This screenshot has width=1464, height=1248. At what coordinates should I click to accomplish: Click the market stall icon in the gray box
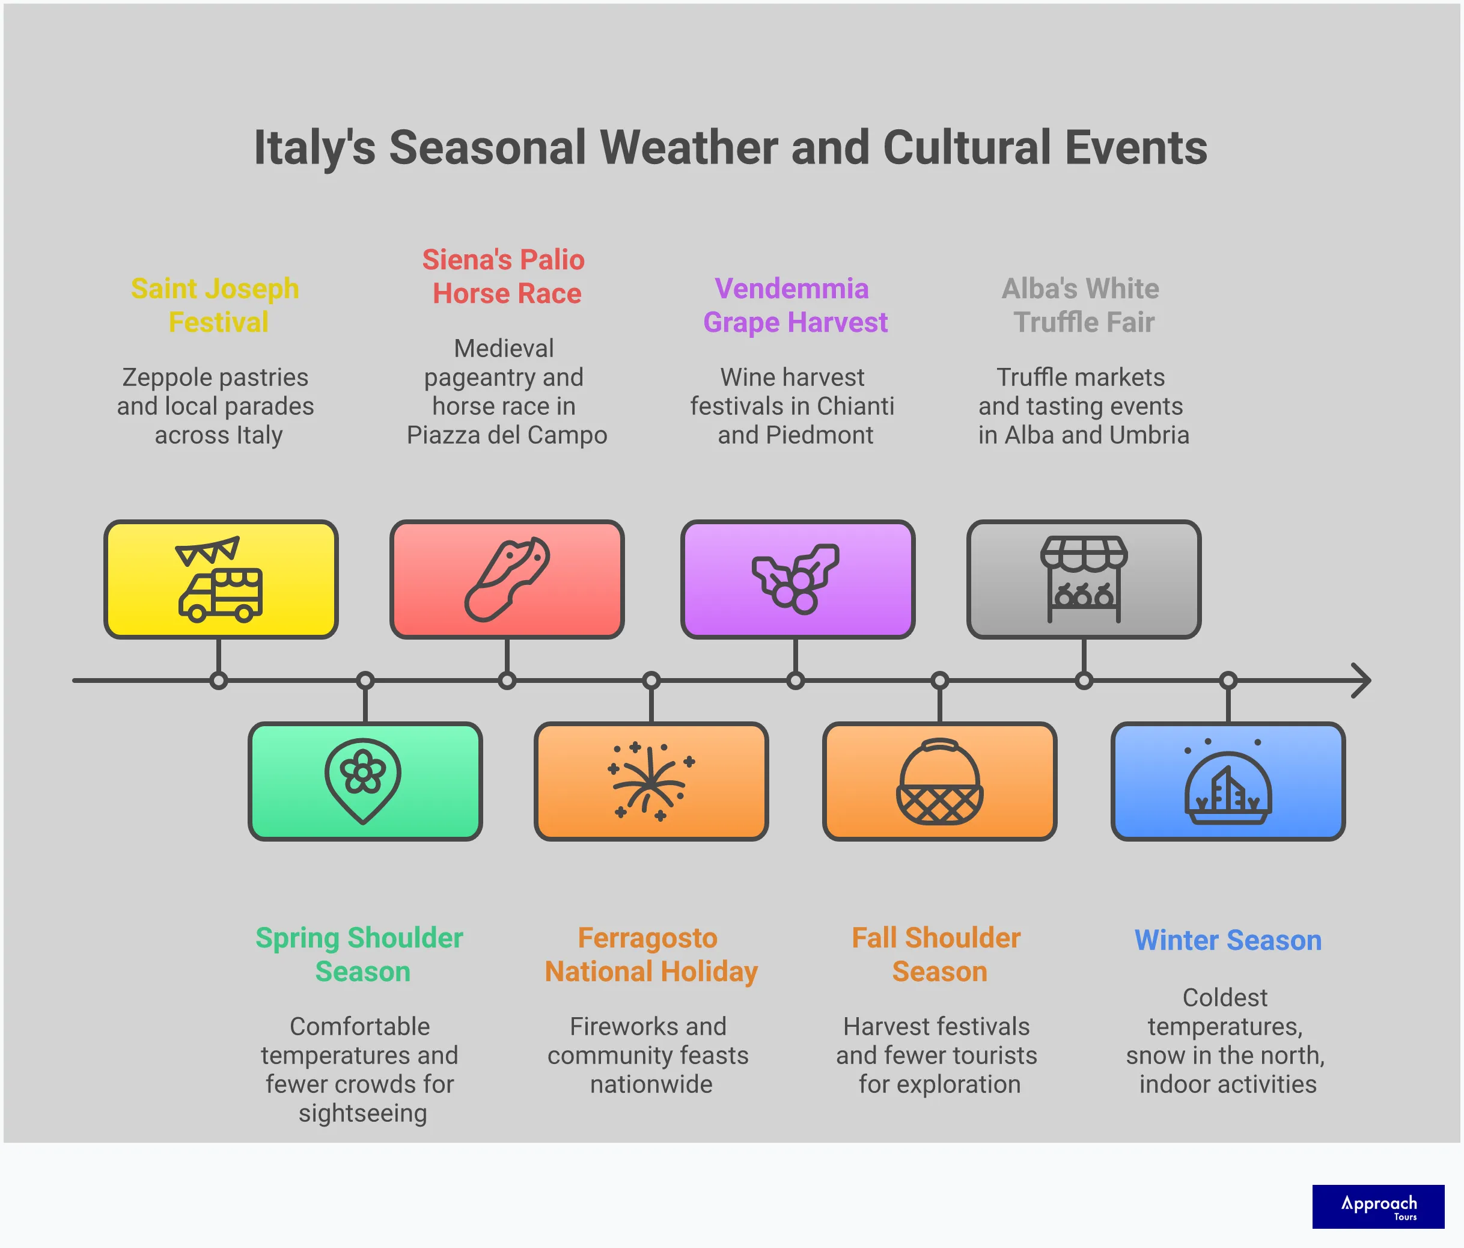[1083, 580]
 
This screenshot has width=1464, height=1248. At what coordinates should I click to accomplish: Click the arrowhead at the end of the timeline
[1362, 681]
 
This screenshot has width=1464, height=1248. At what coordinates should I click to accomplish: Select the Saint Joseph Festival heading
[216, 305]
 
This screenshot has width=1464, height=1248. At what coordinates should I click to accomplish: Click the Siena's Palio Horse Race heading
[504, 277]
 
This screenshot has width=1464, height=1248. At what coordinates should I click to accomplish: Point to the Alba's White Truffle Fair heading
[1082, 305]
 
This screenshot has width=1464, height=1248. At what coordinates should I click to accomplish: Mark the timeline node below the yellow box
[218, 681]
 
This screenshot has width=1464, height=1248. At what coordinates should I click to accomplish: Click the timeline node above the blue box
[1228, 681]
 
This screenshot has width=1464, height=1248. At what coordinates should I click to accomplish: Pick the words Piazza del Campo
[507, 435]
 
